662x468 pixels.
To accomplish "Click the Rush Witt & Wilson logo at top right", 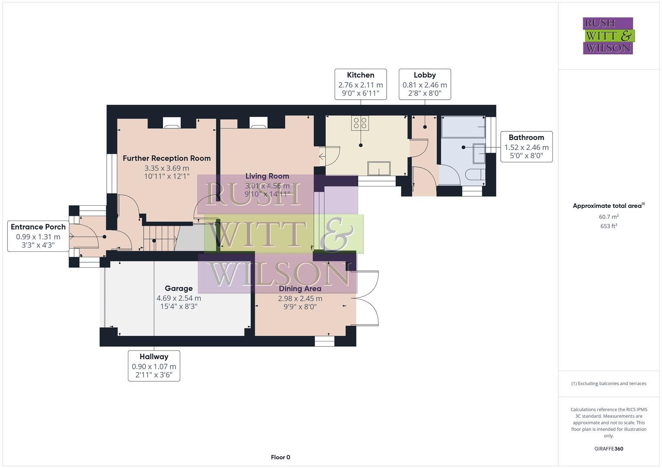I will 608,36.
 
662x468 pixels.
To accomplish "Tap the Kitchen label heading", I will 360,75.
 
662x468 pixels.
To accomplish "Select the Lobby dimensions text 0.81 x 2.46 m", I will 424,85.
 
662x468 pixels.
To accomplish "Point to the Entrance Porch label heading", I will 38,227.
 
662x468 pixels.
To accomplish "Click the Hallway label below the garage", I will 154,357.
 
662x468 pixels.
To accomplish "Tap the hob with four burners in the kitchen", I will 360,123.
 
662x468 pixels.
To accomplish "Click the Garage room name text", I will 179,289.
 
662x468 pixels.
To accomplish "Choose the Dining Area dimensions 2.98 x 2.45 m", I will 300,299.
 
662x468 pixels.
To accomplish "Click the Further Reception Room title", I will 166,159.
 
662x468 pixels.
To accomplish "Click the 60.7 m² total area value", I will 608,217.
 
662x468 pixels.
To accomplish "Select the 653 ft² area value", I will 608,226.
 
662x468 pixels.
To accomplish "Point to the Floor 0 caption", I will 280,457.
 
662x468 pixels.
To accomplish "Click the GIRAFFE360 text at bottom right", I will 608,448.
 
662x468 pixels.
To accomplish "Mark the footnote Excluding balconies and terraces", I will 608,383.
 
